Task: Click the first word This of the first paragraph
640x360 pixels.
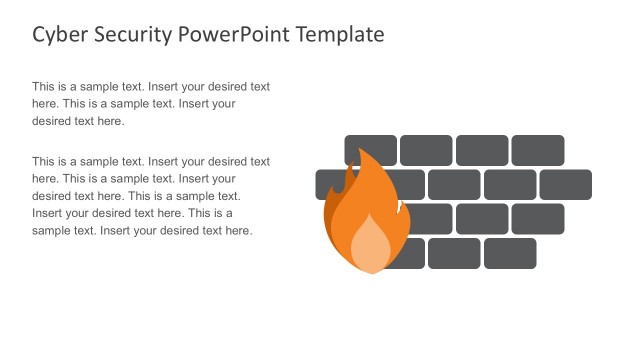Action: click(44, 87)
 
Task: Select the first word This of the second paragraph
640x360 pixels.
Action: click(44, 161)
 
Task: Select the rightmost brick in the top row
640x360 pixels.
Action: click(538, 150)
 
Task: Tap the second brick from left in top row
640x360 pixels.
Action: click(426, 150)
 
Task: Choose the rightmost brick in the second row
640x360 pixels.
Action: click(566, 185)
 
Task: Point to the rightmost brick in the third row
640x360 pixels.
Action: click(538, 219)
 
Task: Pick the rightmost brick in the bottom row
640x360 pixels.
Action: click(510, 254)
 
